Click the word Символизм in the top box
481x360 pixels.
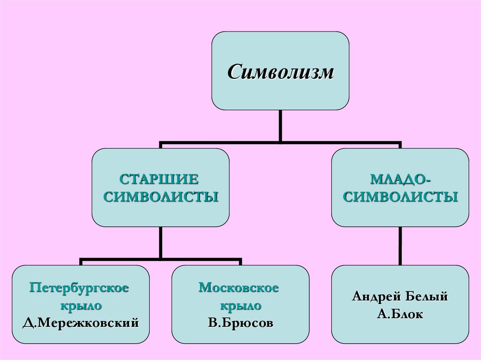click(281, 72)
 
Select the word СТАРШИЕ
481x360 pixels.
click(160, 179)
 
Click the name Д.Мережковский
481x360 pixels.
click(81, 322)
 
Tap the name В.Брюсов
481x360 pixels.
click(240, 322)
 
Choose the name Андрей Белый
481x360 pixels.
click(400, 297)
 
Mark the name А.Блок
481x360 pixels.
click(400, 314)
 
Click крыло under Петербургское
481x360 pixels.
click(80, 305)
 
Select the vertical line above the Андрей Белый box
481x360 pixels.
click(400, 246)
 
